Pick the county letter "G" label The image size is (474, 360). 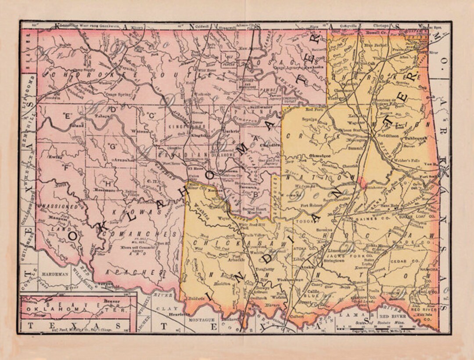click(x=112, y=146)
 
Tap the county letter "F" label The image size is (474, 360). click(x=67, y=168)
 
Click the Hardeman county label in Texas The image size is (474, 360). click(x=55, y=274)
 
